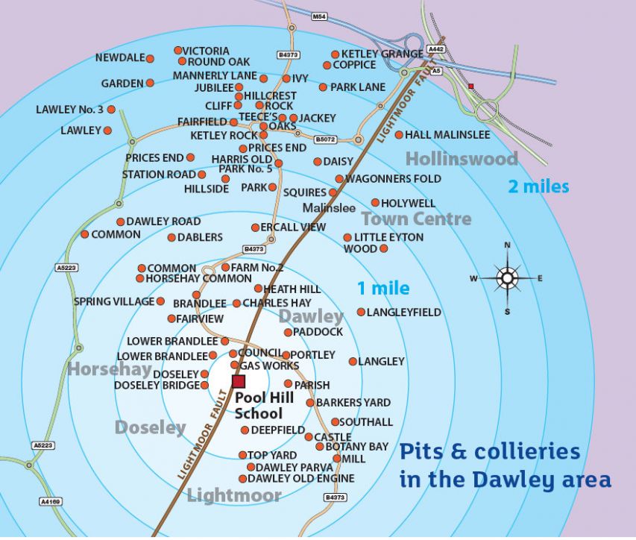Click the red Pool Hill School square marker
(x=239, y=382)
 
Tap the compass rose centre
(x=507, y=278)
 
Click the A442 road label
(x=437, y=49)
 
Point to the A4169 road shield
(x=48, y=502)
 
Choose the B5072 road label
(x=326, y=139)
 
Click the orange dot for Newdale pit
(x=150, y=58)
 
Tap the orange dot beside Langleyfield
(x=361, y=313)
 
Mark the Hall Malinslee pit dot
(x=399, y=135)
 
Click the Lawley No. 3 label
(x=69, y=110)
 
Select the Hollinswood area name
(x=462, y=158)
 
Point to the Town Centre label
(x=416, y=219)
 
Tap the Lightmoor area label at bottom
(x=234, y=495)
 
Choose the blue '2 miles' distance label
(x=538, y=186)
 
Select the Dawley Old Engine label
(x=301, y=479)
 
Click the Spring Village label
(x=113, y=301)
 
